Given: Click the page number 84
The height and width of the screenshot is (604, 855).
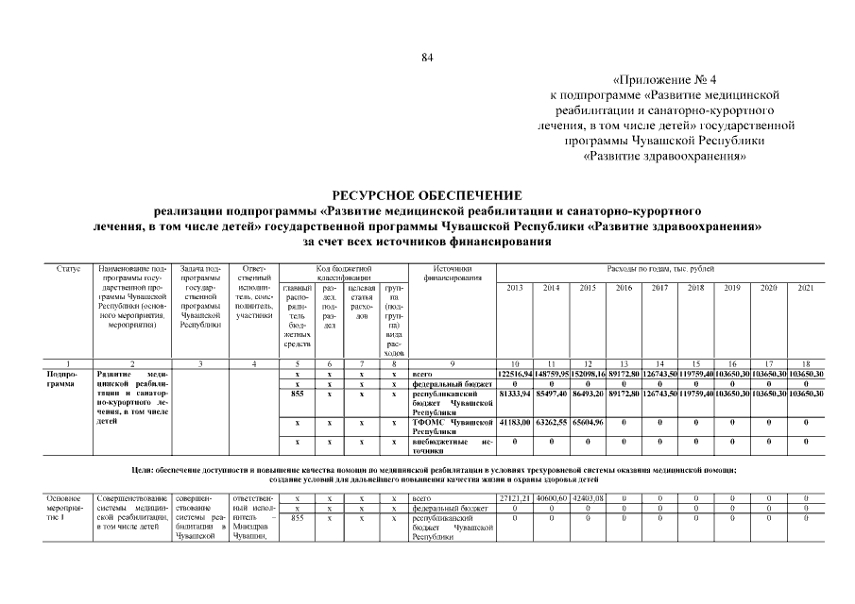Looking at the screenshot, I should (x=427, y=59).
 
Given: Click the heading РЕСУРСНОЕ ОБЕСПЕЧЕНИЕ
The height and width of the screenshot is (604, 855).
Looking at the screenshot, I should (x=427, y=194).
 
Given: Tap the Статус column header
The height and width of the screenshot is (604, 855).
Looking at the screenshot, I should (x=67, y=270).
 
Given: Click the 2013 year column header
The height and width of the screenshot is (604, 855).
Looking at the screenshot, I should (x=515, y=287).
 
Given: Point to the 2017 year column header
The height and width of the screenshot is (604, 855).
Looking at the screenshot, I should (x=659, y=287).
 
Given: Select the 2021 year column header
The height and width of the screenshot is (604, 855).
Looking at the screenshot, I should (x=805, y=287).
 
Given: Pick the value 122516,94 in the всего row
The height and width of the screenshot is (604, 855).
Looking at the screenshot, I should (x=515, y=375).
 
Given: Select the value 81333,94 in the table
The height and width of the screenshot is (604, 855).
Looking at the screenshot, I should (x=515, y=394).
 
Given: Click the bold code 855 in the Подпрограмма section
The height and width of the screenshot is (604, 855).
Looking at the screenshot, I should (x=297, y=394).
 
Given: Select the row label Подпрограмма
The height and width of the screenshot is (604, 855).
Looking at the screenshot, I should (x=63, y=379).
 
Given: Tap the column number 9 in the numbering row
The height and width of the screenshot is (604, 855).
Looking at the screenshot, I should (x=452, y=363).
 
